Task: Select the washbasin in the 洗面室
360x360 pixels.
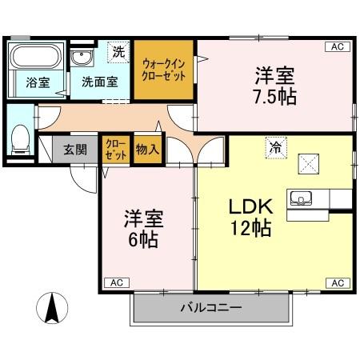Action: tap(81, 59)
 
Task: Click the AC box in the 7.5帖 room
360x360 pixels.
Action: tap(338, 47)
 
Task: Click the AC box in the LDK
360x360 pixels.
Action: tap(338, 282)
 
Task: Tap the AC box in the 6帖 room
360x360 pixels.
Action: tap(116, 282)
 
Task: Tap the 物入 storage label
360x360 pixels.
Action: tap(147, 150)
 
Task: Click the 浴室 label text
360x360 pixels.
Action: tap(37, 82)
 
